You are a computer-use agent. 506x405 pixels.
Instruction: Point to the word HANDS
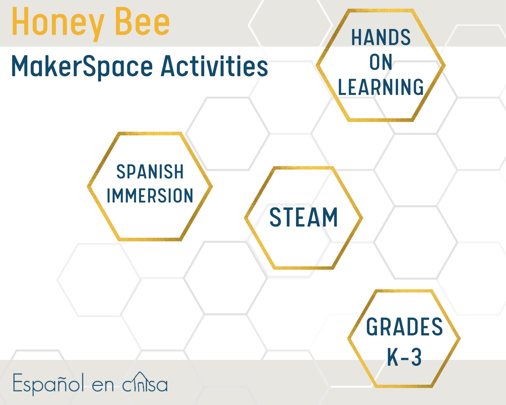381,37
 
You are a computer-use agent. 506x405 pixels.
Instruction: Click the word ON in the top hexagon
381,62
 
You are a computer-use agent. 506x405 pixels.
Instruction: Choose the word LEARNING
381,87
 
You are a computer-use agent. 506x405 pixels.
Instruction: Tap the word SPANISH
150,172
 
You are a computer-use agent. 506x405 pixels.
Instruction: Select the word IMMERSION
150,196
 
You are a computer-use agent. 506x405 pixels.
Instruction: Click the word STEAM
304,217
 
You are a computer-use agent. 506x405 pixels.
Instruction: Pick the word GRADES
404,327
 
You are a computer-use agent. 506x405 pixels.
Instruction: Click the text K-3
404,357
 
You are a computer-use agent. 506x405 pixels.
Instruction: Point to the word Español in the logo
48,383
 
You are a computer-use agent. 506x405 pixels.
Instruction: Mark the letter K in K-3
393,357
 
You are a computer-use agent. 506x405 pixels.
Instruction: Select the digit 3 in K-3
416,357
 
